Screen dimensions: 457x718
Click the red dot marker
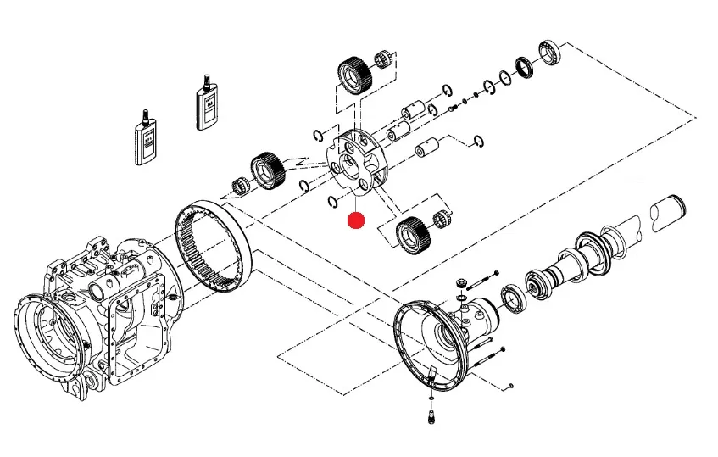357,220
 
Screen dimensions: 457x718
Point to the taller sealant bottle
204,104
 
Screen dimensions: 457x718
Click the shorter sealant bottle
147,138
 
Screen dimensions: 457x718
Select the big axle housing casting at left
97,314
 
